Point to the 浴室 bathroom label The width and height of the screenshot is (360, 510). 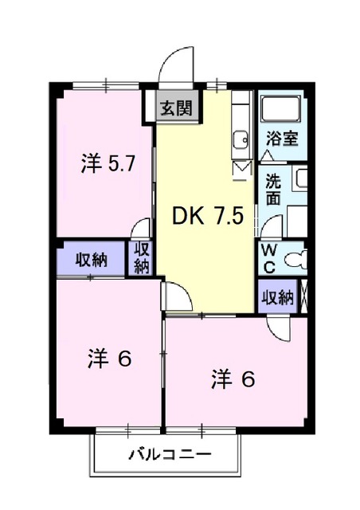283,137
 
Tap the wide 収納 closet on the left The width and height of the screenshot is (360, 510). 92,260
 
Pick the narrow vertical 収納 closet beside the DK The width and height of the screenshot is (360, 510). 143,257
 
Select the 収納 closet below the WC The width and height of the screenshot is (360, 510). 276,297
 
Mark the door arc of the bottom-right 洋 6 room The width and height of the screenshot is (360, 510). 283,327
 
